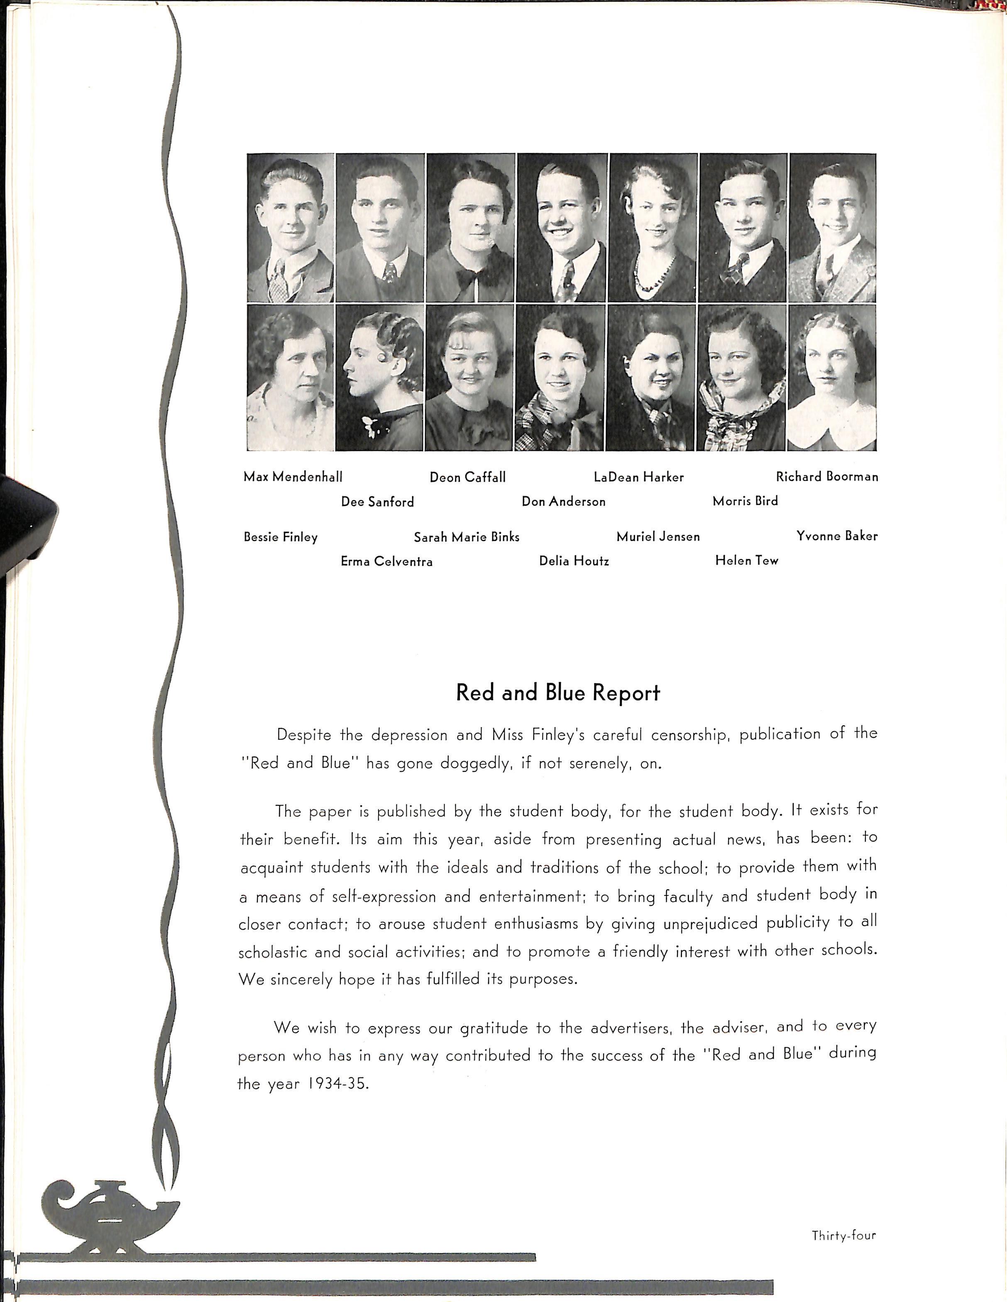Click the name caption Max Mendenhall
(x=293, y=477)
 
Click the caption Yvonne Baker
(x=836, y=536)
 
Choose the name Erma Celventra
(x=386, y=561)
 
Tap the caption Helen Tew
(x=746, y=560)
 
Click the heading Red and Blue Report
(x=558, y=693)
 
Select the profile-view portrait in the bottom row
(x=379, y=377)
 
